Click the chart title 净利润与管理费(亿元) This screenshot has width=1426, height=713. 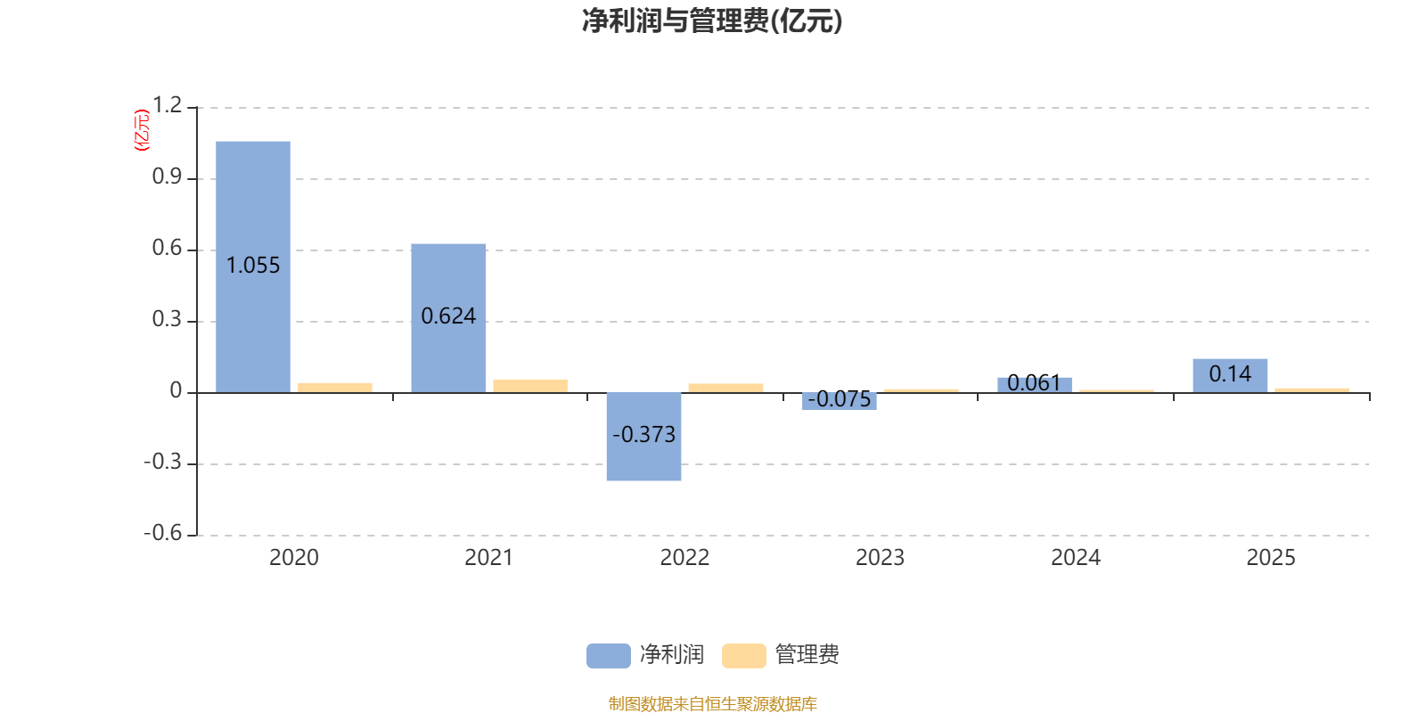tap(712, 21)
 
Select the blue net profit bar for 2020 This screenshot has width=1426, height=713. tap(253, 266)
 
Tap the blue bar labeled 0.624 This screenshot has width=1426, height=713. tap(448, 318)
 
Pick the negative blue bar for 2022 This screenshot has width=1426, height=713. tap(643, 437)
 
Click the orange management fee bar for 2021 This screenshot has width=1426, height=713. tap(530, 387)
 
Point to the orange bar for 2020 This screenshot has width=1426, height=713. tap(335, 388)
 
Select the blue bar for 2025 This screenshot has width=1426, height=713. tap(1230, 375)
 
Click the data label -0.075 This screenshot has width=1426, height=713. tap(839, 399)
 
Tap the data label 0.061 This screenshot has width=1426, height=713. tap(1034, 382)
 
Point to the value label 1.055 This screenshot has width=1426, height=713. tap(253, 266)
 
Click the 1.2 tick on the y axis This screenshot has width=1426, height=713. tap(167, 105)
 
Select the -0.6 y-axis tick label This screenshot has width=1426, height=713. tap(163, 533)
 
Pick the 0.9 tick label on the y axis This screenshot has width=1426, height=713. tap(167, 176)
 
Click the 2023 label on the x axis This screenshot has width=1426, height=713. tap(880, 558)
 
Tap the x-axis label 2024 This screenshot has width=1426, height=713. tap(1075, 558)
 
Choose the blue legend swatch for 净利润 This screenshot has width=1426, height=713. tap(609, 656)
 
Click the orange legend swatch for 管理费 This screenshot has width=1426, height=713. tap(743, 656)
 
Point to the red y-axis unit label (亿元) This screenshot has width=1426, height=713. tap(142, 130)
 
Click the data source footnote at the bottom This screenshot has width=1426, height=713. tap(712, 703)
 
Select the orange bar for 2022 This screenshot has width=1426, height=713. tap(725, 389)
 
